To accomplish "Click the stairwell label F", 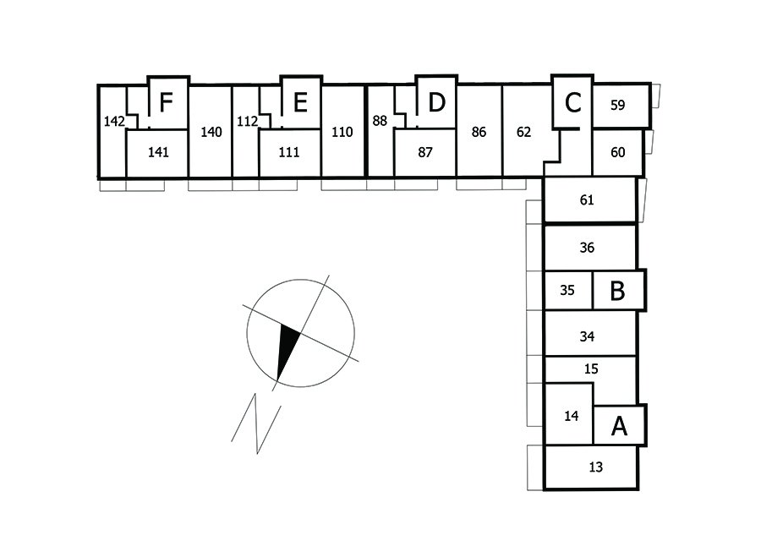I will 167,103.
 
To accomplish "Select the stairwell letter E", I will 299,103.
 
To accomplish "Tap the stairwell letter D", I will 435,103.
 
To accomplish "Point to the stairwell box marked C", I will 572,103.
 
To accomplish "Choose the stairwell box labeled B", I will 618,291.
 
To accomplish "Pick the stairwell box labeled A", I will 619,426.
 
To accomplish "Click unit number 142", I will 114,122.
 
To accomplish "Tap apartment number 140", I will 211,132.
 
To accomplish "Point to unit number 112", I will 247,122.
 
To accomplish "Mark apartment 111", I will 289,153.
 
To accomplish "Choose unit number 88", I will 380,121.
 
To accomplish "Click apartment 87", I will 425,153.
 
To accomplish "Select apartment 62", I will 523,132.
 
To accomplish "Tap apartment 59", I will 618,106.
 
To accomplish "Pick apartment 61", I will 588,201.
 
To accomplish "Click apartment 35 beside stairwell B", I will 567,291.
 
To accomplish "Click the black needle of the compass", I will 287,351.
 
